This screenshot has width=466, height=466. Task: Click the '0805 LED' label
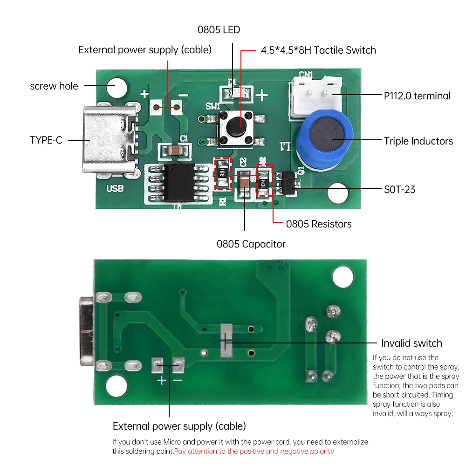pyautogui.click(x=219, y=30)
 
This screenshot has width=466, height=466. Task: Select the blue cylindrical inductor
pyautogui.click(x=322, y=135)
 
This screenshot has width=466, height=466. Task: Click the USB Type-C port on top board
pyautogui.click(x=110, y=140)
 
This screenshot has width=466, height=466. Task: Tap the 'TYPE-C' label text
pyautogui.click(x=46, y=140)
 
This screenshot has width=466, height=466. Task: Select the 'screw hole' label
pyautogui.click(x=54, y=86)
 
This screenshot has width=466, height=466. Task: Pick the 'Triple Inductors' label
pyautogui.click(x=418, y=141)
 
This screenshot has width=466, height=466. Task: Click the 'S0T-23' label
pyautogui.click(x=399, y=189)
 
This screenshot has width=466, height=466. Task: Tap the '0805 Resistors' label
pyautogui.click(x=319, y=224)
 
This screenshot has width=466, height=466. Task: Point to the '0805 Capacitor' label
pyautogui.click(x=251, y=244)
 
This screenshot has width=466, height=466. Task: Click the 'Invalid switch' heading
pyautogui.click(x=411, y=343)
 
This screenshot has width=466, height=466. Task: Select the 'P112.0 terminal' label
pyautogui.click(x=417, y=96)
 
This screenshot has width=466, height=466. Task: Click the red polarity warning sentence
pyautogui.click(x=254, y=451)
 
